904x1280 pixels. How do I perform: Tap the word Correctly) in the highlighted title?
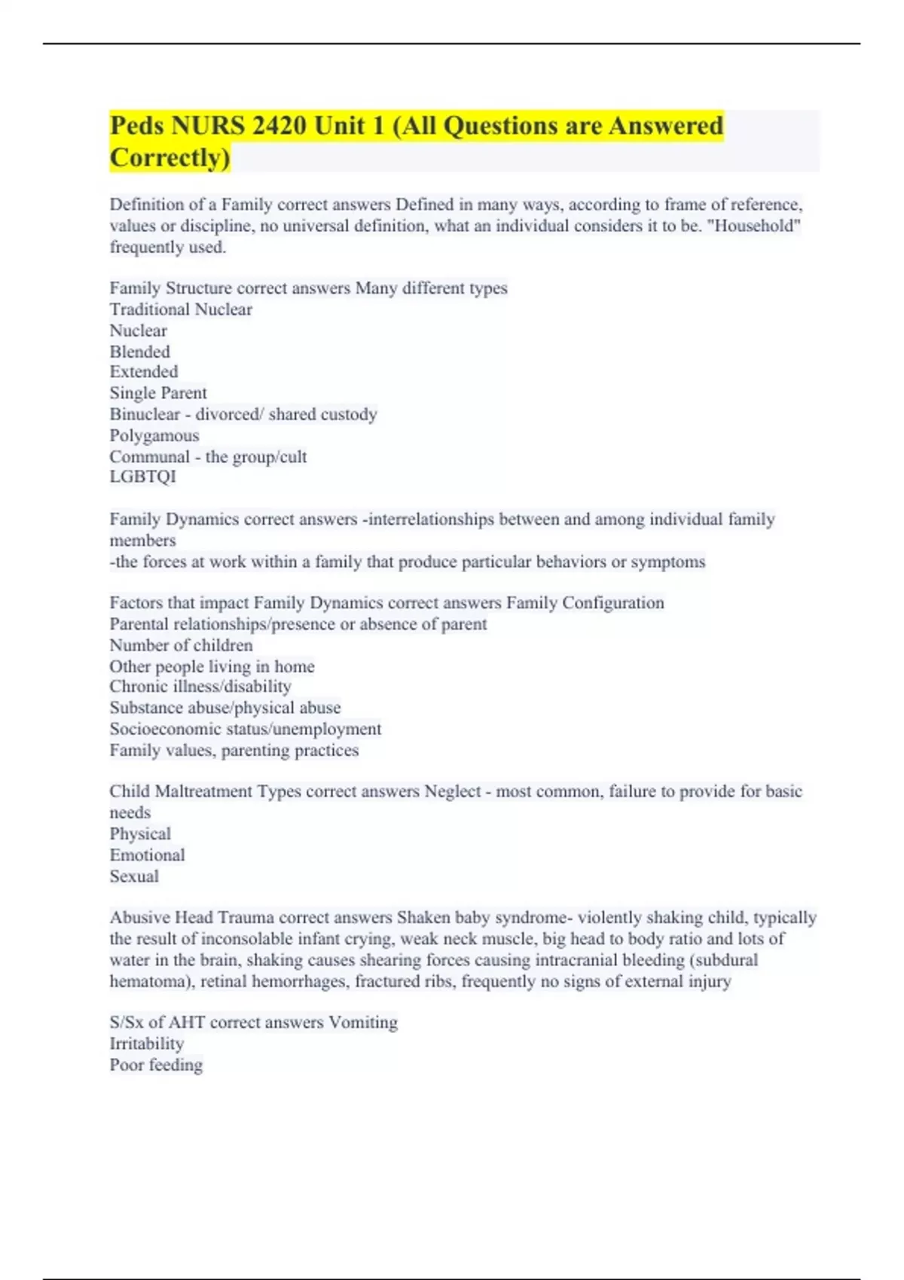coord(170,158)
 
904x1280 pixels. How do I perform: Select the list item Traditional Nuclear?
coord(181,309)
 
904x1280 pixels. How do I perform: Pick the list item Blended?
coord(140,352)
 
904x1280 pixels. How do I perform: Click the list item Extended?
coord(144,372)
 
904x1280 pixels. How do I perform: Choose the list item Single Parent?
coord(158,393)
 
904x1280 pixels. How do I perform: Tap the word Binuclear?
coord(145,414)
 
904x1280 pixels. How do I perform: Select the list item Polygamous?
coord(154,435)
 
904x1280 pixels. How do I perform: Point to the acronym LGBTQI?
coord(142,477)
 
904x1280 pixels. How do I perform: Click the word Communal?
coord(149,456)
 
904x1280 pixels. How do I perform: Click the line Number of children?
coord(181,645)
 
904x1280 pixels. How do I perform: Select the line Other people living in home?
coord(212,666)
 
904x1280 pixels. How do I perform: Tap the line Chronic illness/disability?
coord(200,687)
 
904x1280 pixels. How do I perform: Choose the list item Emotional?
coord(147,855)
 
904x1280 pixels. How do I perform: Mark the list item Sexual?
coord(134,876)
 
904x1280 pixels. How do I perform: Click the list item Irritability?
coord(147,1044)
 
